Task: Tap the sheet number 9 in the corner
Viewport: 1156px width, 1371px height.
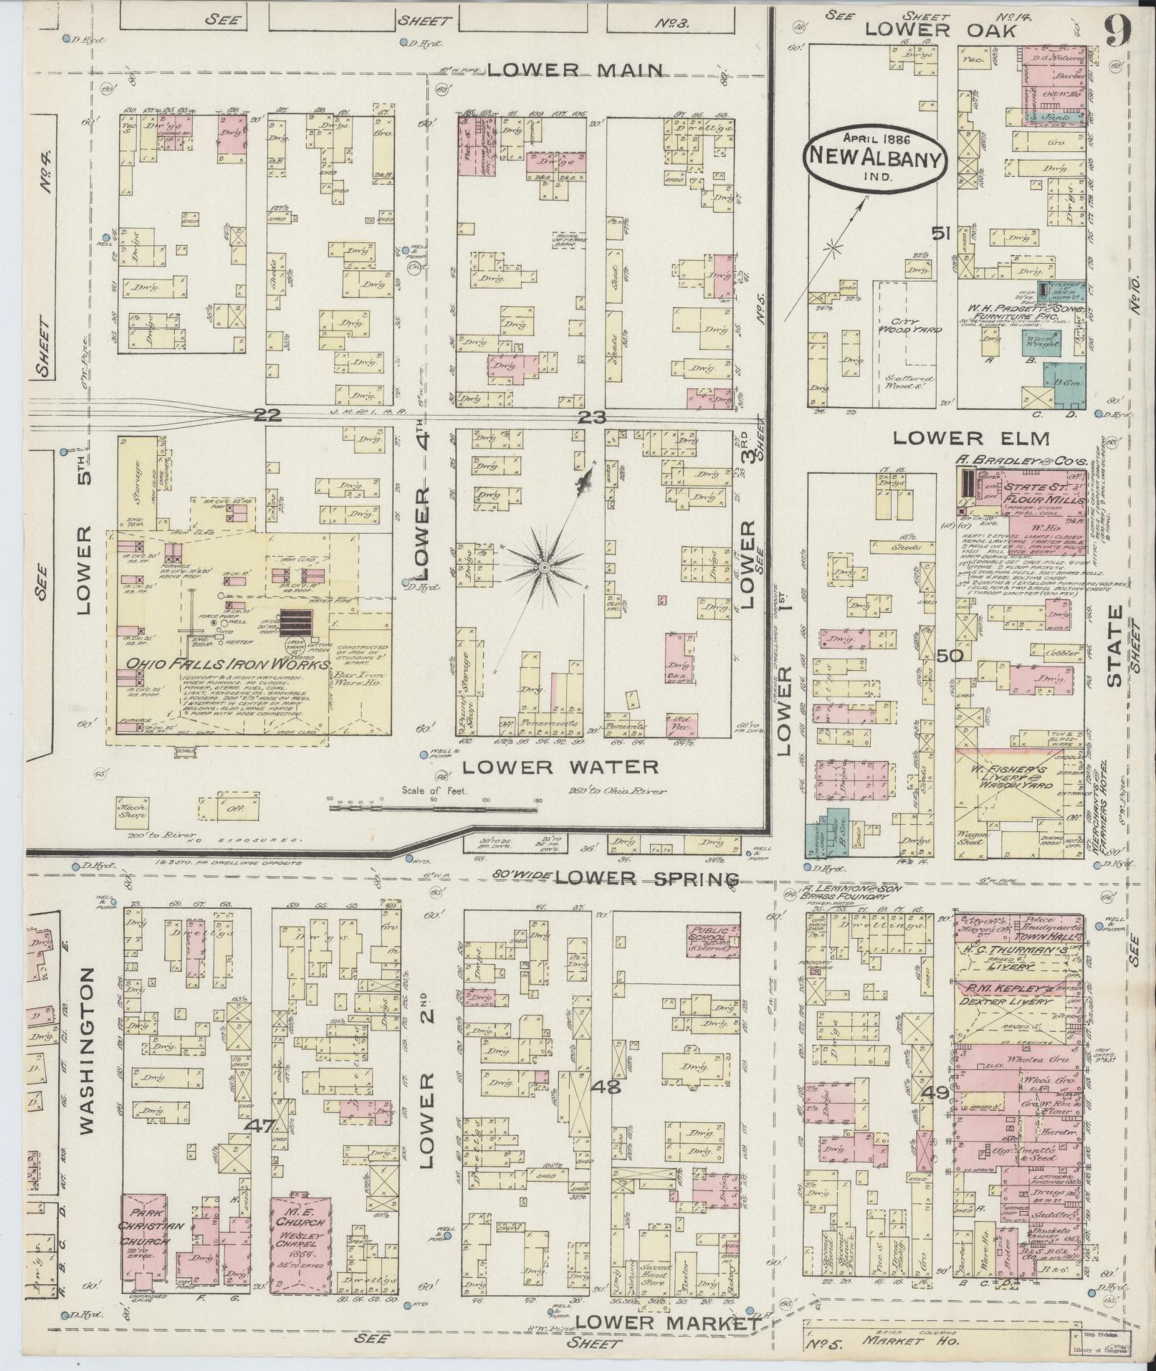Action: [1118, 30]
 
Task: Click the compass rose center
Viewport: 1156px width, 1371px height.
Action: [544, 567]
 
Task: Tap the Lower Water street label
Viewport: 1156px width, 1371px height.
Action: [560, 767]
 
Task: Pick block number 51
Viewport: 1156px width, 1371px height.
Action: [941, 233]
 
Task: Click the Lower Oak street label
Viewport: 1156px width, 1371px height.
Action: [940, 30]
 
